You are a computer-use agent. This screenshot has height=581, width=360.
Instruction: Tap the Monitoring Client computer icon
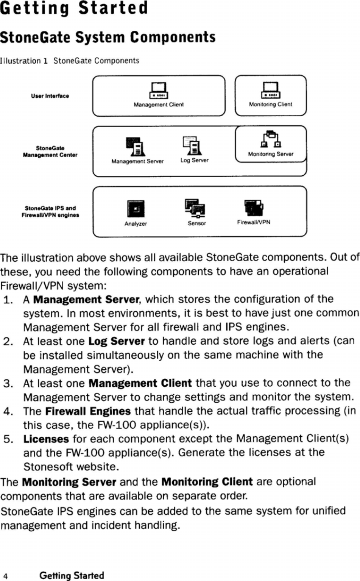(271, 91)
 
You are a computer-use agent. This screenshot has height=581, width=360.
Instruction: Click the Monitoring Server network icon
(271, 139)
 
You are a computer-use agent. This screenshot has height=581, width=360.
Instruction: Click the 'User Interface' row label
(50, 96)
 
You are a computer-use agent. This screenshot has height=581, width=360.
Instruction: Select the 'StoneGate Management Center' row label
(50, 151)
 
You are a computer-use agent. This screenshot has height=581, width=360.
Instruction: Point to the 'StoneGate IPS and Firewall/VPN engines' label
(50, 212)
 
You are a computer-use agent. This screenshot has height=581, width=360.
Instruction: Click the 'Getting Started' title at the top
(74, 8)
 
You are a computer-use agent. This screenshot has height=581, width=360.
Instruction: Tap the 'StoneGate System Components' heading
(108, 37)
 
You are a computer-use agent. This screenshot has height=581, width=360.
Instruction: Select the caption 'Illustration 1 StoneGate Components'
(70, 61)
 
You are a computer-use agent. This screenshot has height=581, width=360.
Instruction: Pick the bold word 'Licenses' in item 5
(46, 439)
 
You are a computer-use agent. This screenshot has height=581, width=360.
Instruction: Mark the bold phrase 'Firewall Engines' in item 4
(88, 411)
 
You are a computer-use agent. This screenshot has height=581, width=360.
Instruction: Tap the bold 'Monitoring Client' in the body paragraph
(207, 482)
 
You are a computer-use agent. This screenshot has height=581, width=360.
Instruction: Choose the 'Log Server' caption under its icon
(195, 161)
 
